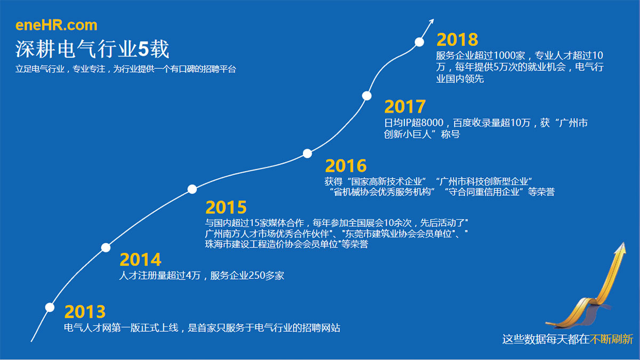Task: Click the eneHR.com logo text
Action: pos(57,25)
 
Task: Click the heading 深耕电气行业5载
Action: pos(92,49)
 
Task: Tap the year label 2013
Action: pos(85,311)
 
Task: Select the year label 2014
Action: pos(140,260)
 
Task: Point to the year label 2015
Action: pos(226,207)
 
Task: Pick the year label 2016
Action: pos(346,166)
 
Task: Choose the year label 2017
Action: pos(405,107)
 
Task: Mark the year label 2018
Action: pos(457,39)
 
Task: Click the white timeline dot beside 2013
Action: pos(50,307)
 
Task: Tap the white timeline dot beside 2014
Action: pos(106,247)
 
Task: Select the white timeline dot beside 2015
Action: pos(192,189)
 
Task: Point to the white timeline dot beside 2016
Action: pos(307,154)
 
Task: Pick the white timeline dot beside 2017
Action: pos(366,95)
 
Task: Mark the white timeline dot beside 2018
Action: pos(419,42)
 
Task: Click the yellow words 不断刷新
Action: pos(611,339)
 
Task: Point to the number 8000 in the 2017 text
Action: pos(433,123)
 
